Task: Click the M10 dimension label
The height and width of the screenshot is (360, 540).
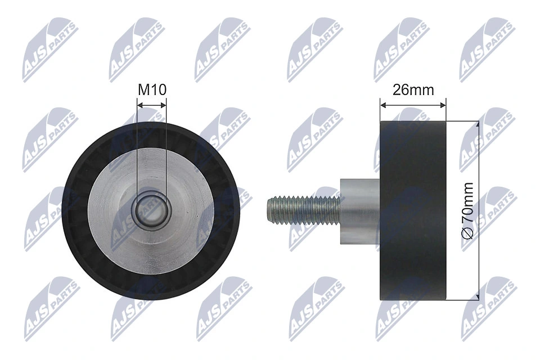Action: click(x=152, y=89)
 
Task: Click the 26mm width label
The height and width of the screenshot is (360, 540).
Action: click(x=413, y=89)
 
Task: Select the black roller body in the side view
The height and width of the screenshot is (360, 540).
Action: click(x=413, y=210)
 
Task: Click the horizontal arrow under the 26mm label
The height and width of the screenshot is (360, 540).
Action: click(x=413, y=105)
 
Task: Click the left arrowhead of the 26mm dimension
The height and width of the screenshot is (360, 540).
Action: click(x=384, y=105)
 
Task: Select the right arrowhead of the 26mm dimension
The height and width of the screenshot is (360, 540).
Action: click(x=443, y=105)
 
